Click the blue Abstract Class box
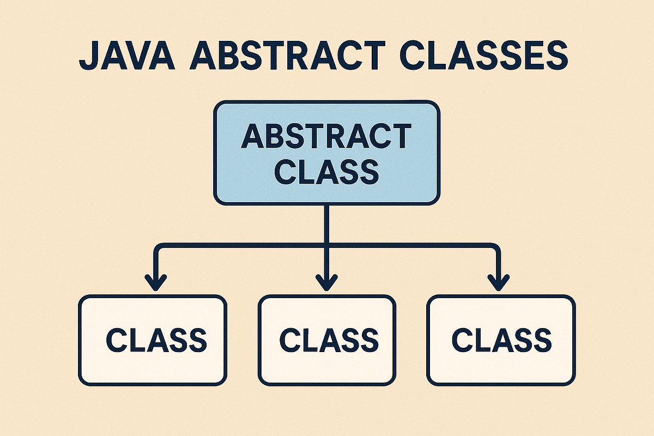[x=326, y=153]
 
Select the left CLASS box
[x=152, y=340]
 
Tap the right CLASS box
[x=501, y=340]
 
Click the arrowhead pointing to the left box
[x=157, y=283]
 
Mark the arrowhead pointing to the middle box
[x=326, y=283]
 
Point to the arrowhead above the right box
[x=498, y=283]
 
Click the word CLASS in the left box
[x=156, y=340]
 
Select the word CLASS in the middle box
[x=329, y=340]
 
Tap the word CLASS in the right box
[x=501, y=340]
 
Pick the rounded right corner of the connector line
[x=495, y=248]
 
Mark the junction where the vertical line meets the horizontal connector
[x=326, y=246]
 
